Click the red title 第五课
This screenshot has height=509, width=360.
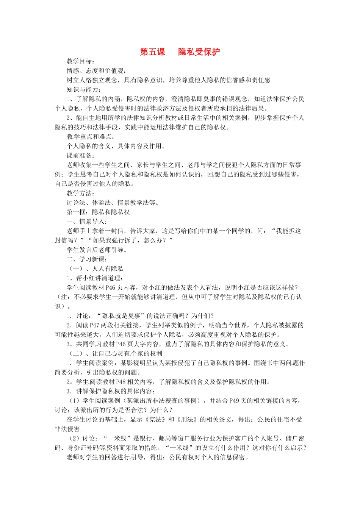pyautogui.click(x=152, y=52)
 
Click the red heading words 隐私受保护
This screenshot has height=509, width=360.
pyautogui.click(x=199, y=52)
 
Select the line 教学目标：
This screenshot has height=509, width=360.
pyautogui.click(x=81, y=61)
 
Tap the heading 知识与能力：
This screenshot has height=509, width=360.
pyautogui.click(x=84, y=89)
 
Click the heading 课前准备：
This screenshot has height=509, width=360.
pyautogui.click(x=81, y=156)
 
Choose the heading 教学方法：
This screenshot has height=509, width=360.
pyautogui.click(x=81, y=193)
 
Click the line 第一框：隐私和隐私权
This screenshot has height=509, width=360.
pyautogui.click(x=98, y=212)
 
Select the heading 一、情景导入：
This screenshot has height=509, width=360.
pyautogui.click(x=87, y=222)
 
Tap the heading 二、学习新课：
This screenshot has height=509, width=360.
pyautogui.click(x=87, y=259)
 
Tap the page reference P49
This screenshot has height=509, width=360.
pyautogui.click(x=236, y=401)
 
